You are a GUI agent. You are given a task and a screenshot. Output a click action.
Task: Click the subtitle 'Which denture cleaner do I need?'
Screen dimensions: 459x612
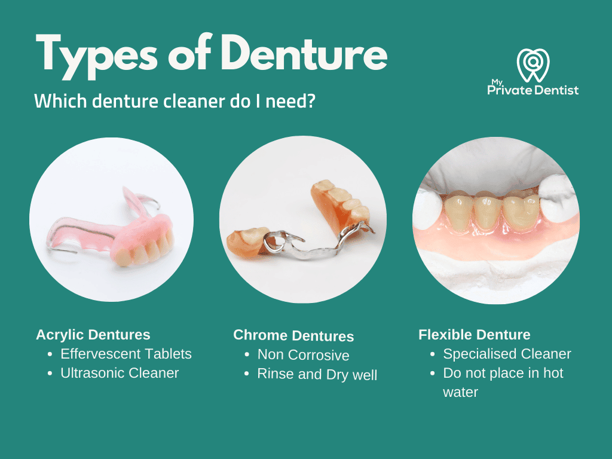[175, 100]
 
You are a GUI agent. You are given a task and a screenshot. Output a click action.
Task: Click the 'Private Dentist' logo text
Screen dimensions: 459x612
[533, 90]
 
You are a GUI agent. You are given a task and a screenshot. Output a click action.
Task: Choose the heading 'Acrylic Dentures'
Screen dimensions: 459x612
[93, 335]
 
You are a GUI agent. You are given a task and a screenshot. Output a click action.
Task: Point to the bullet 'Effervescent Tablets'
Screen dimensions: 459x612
[126, 354]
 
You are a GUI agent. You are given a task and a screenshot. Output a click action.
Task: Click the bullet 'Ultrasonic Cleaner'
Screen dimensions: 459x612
[120, 373]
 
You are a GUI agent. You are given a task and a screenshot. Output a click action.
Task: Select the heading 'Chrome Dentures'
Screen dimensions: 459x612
[293, 336]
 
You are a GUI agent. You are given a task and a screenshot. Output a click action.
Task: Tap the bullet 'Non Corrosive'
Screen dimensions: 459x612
[303, 355]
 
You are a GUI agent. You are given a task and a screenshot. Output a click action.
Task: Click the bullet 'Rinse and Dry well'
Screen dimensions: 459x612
[317, 375]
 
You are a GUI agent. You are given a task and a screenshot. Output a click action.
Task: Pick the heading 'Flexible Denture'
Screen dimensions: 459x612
[475, 335]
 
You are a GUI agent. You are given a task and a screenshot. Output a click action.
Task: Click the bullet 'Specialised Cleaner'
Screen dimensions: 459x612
[507, 354]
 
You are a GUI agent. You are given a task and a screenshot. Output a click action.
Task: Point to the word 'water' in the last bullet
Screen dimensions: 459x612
[460, 393]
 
